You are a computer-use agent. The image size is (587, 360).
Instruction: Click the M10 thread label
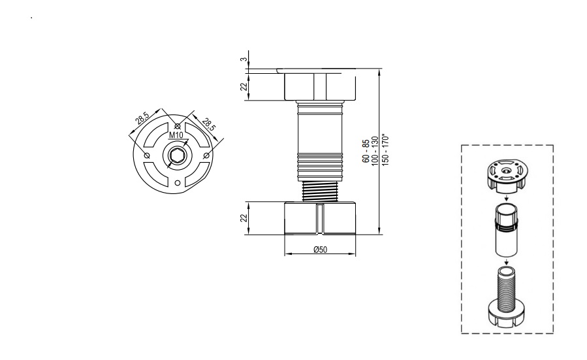pyautogui.click(x=176, y=135)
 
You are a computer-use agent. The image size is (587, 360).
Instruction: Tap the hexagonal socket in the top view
pyautogui.click(x=175, y=155)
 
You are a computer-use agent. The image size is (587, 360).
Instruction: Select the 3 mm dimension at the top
pyautogui.click(x=244, y=59)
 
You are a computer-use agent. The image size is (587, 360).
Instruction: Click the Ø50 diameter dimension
pyautogui.click(x=320, y=250)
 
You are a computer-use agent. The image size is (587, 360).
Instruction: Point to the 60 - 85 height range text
pyautogui.click(x=366, y=150)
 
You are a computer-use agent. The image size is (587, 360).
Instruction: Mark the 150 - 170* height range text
pyautogui.click(x=386, y=150)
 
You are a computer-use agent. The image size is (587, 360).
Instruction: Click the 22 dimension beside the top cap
pyautogui.click(x=244, y=86)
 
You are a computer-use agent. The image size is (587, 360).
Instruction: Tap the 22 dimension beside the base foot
pyautogui.click(x=244, y=218)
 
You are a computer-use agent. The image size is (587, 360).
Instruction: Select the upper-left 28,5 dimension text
pyautogui.click(x=142, y=119)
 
